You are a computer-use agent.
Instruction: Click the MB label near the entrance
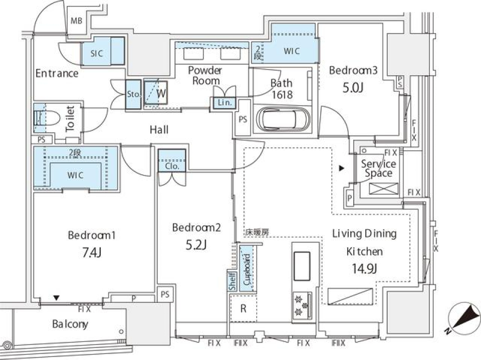tap(76, 21)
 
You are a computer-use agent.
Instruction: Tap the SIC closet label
tap(97, 53)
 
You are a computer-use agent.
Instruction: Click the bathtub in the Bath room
tap(283, 119)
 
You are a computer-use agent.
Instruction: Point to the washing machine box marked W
tap(160, 93)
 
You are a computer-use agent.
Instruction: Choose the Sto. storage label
tap(133, 94)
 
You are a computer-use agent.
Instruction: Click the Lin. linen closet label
tap(223, 103)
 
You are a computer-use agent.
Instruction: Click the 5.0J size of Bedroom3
tap(352, 89)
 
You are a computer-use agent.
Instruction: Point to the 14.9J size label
tap(365, 269)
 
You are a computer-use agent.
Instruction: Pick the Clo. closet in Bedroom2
tap(172, 166)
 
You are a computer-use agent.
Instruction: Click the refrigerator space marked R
tap(243, 308)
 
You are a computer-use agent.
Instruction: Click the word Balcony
tap(70, 324)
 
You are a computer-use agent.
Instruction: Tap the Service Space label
tap(378, 168)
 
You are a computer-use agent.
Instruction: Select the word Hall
tap(159, 130)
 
